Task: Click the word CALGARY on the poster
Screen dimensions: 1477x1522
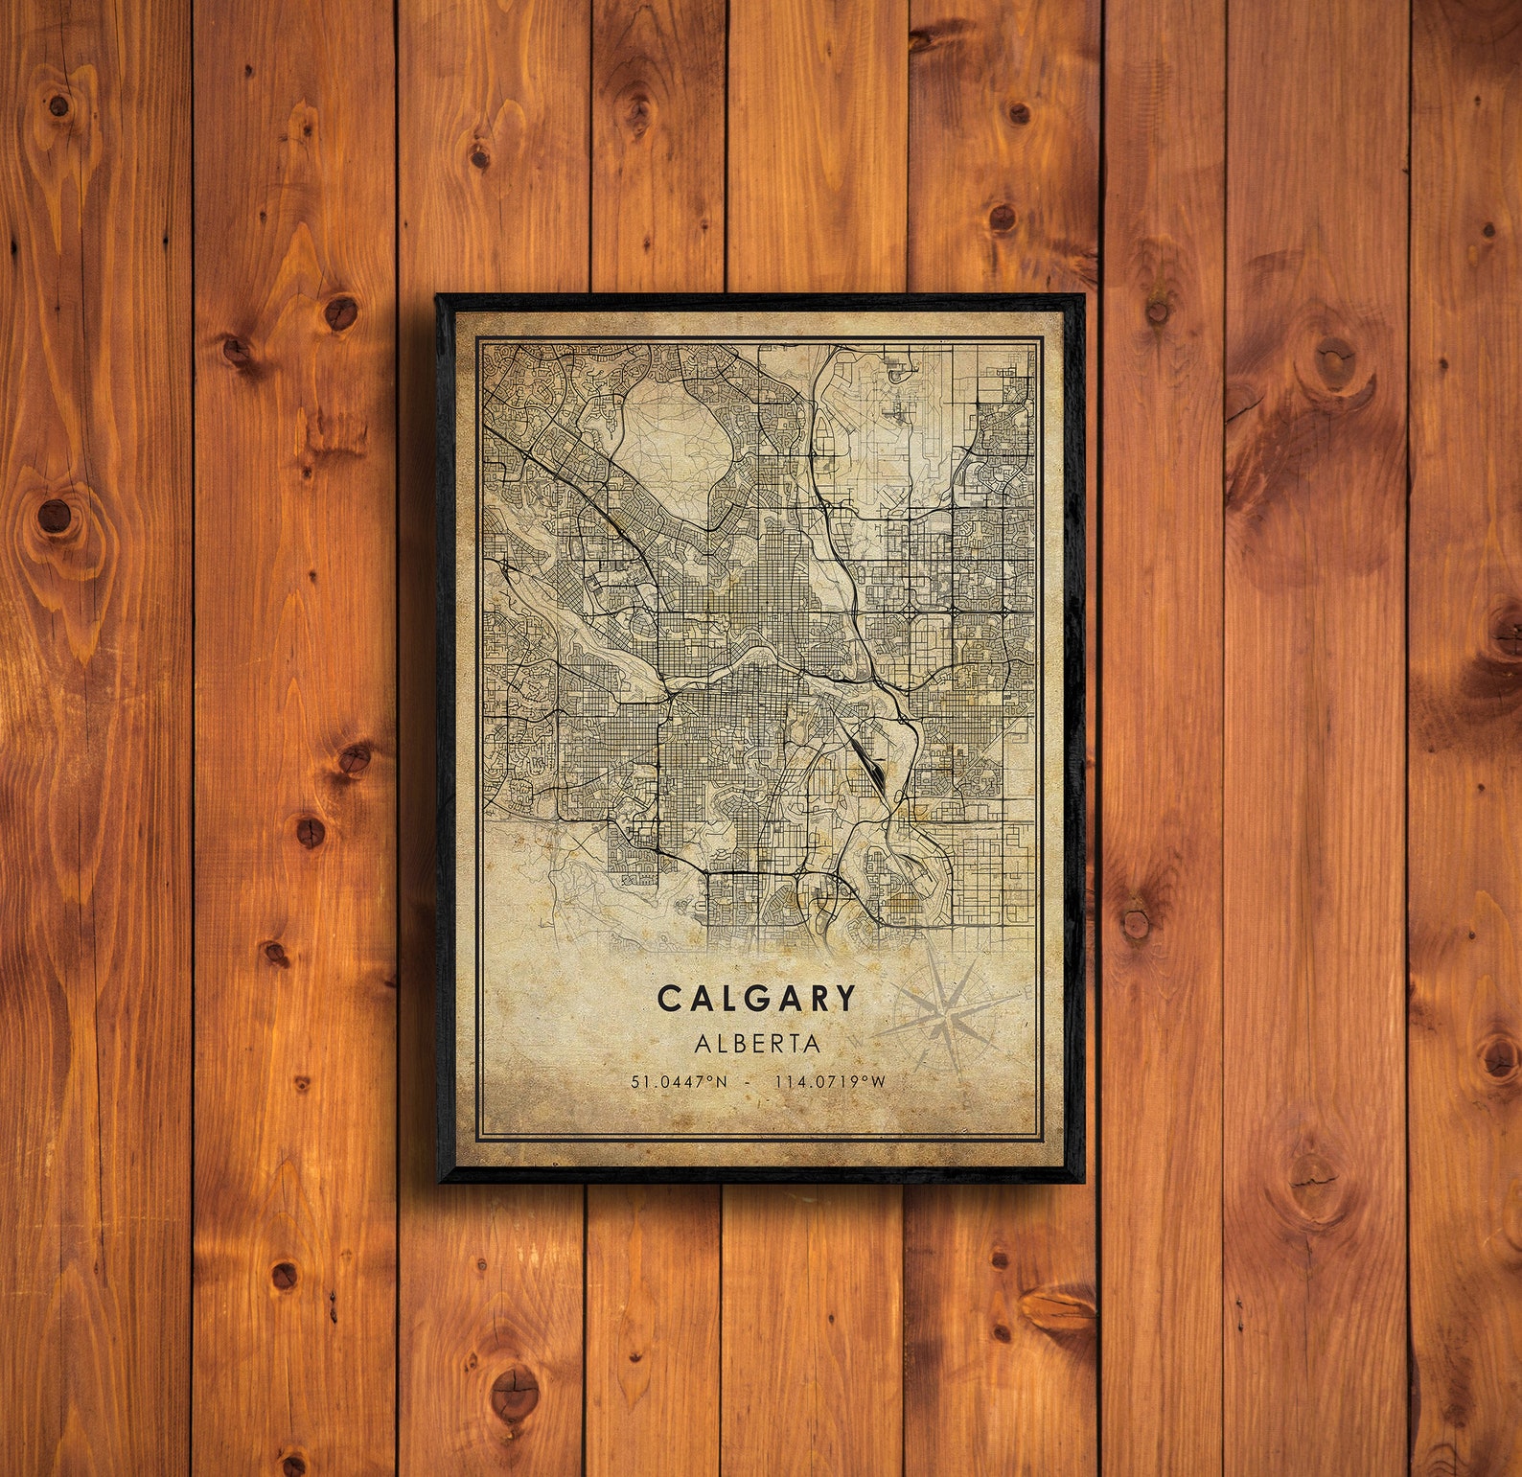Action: click(x=756, y=999)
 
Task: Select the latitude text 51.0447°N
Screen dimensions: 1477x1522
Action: click(x=679, y=1082)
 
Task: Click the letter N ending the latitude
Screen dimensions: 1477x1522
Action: click(x=722, y=1082)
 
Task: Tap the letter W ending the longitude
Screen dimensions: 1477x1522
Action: click(x=877, y=1082)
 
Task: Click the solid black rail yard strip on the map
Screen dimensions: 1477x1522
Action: click(x=866, y=761)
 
